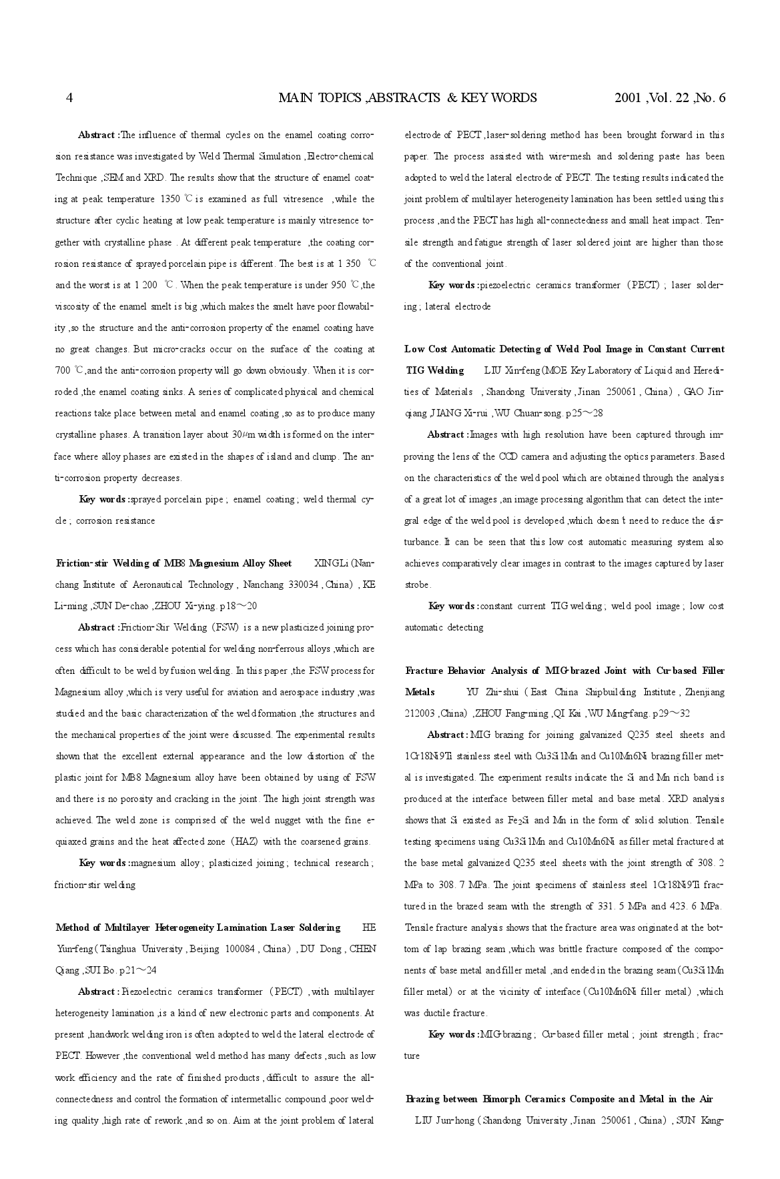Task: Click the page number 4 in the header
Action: point(69,98)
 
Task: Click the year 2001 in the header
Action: point(628,98)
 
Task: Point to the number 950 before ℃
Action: point(338,286)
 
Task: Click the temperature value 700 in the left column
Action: point(62,371)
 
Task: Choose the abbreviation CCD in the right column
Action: point(507,457)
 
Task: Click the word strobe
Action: point(417,585)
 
